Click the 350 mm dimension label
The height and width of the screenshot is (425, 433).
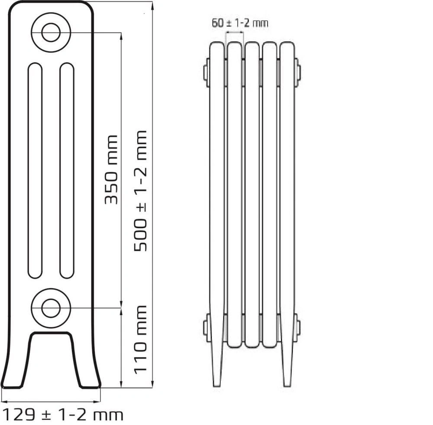pyautogui.click(x=111, y=170)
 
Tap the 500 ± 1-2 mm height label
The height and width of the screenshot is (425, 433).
pyautogui.click(x=140, y=191)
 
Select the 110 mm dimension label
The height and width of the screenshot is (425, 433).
pyautogui.click(x=140, y=340)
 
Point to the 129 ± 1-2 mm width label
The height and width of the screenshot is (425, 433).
pyautogui.click(x=64, y=415)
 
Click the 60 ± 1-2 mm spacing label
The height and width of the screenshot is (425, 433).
pyautogui.click(x=240, y=23)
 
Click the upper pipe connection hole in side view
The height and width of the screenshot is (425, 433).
pyautogui.click(x=51, y=32)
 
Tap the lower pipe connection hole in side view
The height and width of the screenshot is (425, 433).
pyautogui.click(x=51, y=308)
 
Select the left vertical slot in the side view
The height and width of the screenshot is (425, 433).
pyautogui.click(x=35, y=170)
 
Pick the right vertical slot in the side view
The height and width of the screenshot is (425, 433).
pyautogui.click(x=67, y=170)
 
